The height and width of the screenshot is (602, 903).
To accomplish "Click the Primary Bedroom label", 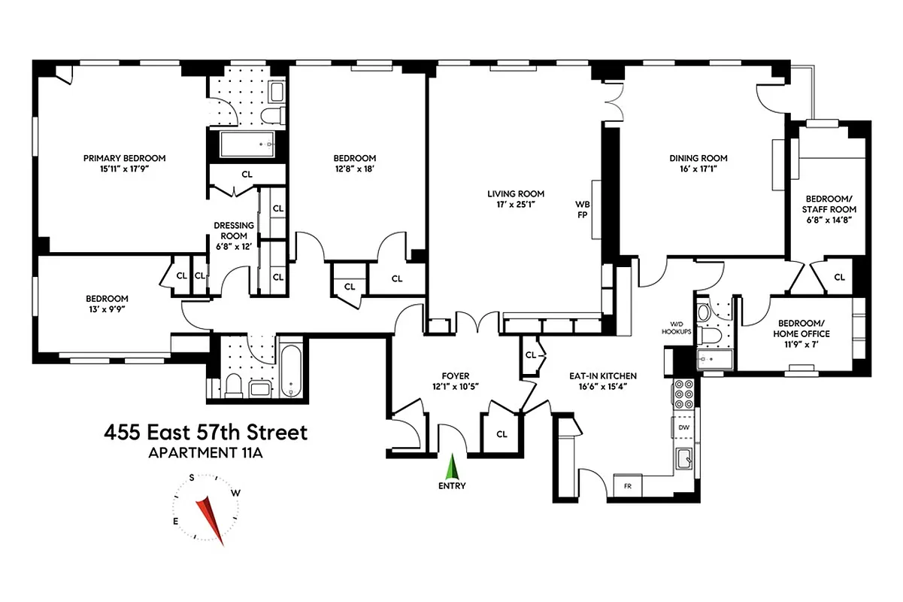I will click(x=124, y=158).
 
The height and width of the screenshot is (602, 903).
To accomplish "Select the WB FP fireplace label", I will click(x=582, y=208).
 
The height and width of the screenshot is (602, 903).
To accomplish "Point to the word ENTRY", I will click(x=452, y=486).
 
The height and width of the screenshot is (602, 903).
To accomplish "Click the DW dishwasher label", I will click(x=683, y=427).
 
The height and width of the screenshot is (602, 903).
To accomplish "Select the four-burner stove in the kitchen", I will click(x=683, y=393).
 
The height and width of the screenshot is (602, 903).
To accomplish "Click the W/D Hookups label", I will click(x=676, y=327).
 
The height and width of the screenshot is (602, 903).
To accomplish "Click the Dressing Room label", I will click(x=234, y=226).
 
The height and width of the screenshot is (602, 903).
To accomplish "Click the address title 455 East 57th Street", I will click(x=206, y=433).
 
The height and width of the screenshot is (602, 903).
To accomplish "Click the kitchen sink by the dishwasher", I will click(x=683, y=458).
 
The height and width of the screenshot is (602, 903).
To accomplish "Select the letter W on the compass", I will click(x=236, y=493).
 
